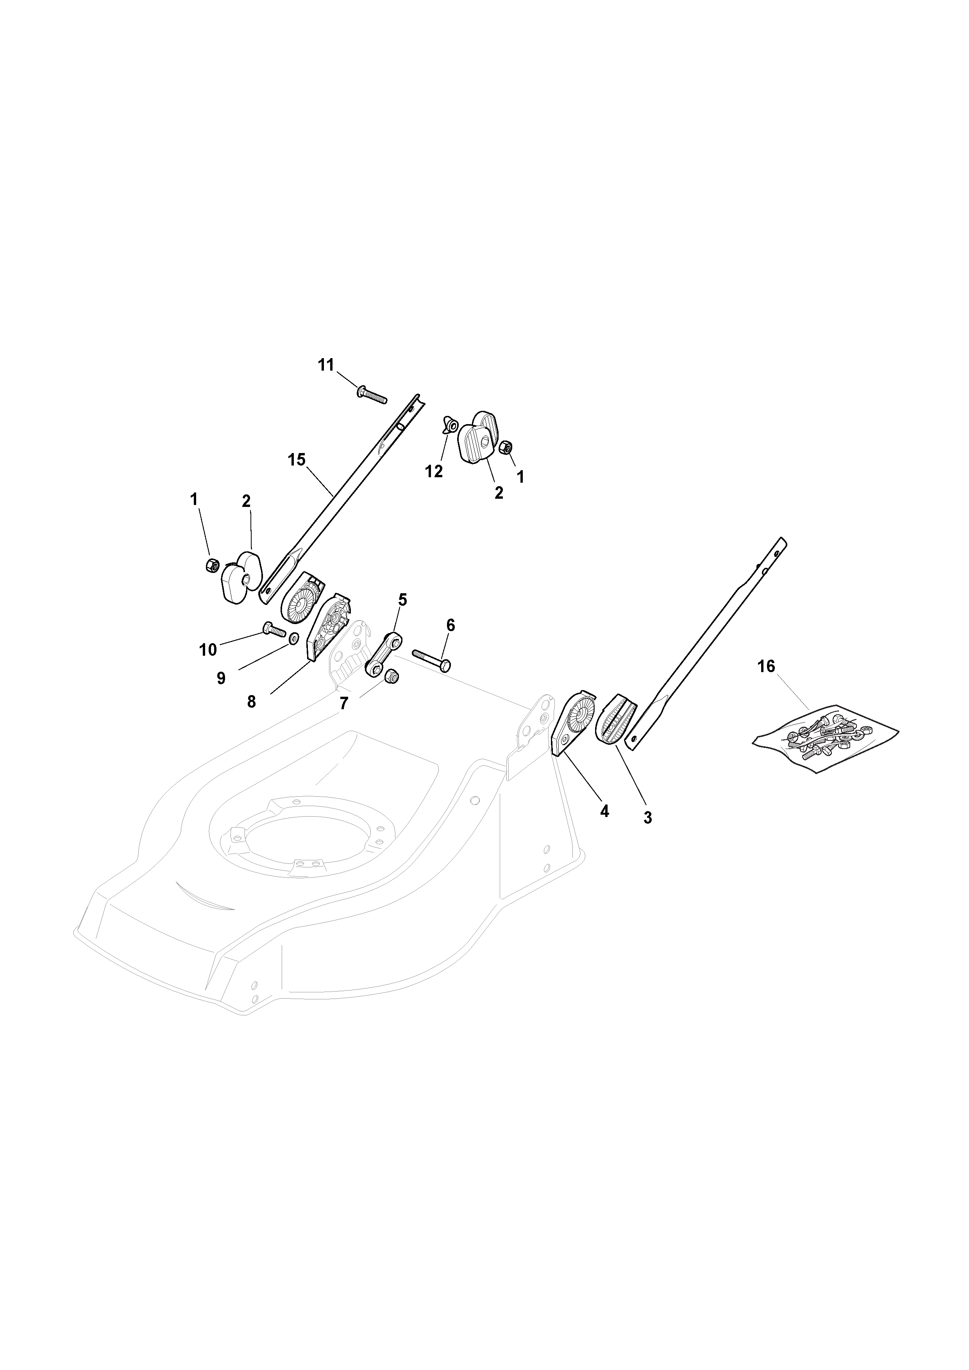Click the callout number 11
coord(326,365)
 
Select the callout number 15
coord(296,459)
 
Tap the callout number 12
coord(434,471)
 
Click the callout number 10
coord(208,650)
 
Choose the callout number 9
coord(221,678)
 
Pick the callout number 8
coord(251,702)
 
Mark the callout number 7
coord(344,704)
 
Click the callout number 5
coord(402,600)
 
